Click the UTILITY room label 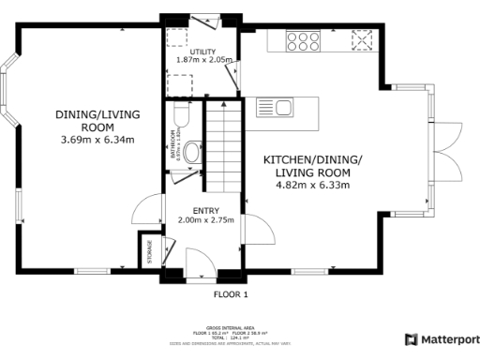click(x=203, y=52)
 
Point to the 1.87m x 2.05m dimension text click(x=203, y=61)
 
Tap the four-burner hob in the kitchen click(x=304, y=40)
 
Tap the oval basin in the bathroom click(x=192, y=152)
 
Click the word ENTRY click(x=204, y=211)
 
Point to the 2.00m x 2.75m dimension click(x=204, y=220)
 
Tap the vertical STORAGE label click(x=149, y=251)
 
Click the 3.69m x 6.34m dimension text click(x=97, y=140)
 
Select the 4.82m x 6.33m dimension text click(x=312, y=186)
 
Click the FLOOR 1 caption click(x=230, y=294)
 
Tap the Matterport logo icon click(x=411, y=339)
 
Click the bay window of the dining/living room click(x=7, y=94)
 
